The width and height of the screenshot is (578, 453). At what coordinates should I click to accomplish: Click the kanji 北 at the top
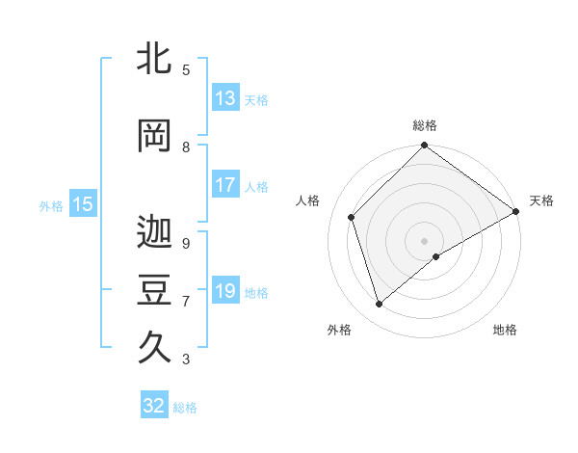[155, 61]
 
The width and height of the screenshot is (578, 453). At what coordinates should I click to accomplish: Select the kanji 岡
[155, 137]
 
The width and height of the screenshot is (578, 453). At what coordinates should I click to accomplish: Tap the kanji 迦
[155, 231]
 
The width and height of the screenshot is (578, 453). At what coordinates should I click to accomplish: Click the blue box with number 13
[225, 98]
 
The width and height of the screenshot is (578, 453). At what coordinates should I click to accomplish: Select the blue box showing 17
[225, 186]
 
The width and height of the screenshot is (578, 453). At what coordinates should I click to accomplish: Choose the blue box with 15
[82, 204]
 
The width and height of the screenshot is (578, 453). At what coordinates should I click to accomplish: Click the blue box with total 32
[154, 406]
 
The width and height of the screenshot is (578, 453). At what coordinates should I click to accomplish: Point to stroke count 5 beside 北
[186, 70]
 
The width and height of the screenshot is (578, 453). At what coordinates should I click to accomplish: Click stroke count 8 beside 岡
[186, 147]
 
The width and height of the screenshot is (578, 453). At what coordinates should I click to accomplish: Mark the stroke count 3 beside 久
[186, 360]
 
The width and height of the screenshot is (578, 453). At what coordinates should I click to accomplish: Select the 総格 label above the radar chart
[424, 125]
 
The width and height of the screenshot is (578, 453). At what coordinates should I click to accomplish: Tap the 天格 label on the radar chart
[541, 200]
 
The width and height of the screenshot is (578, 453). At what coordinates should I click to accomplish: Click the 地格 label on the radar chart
[505, 330]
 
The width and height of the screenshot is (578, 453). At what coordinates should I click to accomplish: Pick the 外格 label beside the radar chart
[339, 330]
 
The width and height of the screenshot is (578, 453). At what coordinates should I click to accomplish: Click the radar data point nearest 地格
[436, 256]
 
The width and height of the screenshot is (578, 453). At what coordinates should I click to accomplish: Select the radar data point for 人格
[352, 217]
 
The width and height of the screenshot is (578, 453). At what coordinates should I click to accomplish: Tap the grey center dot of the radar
[424, 240]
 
